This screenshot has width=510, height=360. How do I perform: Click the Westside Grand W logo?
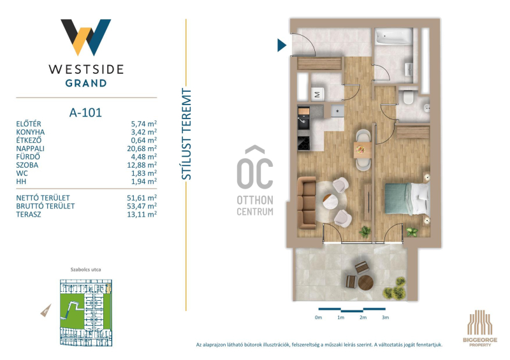[x=86, y=37]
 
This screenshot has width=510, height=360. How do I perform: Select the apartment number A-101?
[x=85, y=113]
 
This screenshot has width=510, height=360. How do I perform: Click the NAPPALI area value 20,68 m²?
[x=142, y=148]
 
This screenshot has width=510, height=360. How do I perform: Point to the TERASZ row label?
[x=29, y=215]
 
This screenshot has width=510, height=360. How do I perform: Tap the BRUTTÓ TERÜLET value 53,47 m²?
[x=142, y=206]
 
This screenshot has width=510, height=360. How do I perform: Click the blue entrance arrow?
[x=282, y=45]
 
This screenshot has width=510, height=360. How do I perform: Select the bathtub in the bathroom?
[x=393, y=36]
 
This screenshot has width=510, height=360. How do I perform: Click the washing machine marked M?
[x=317, y=94]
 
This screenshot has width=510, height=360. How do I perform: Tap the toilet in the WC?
[x=407, y=97]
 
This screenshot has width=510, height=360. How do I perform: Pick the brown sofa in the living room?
[x=307, y=203]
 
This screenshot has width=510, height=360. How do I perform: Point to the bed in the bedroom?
[x=407, y=198]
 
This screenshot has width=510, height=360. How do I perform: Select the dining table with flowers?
[x=362, y=150]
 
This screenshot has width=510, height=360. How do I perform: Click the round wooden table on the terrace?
[x=365, y=283]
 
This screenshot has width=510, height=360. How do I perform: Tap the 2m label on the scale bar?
[x=363, y=317]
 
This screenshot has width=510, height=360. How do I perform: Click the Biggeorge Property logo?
[x=480, y=328]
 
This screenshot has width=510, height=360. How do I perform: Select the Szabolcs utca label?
[x=85, y=270]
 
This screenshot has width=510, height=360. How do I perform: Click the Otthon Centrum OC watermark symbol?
[x=254, y=168]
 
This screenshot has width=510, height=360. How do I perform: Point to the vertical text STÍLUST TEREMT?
[x=186, y=134]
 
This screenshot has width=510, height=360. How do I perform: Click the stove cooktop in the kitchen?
[x=304, y=143]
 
